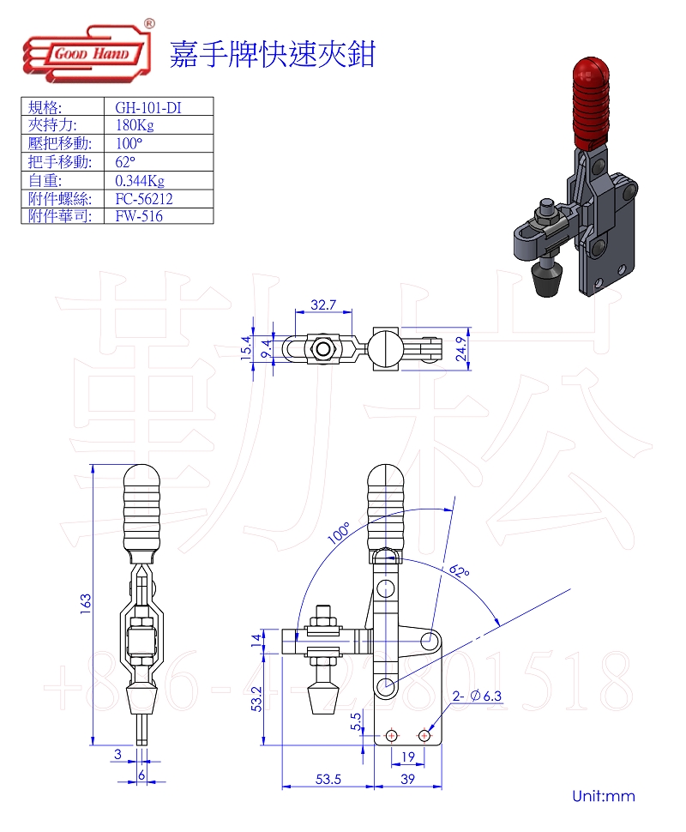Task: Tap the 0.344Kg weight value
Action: point(140,180)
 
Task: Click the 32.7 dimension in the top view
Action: point(322,304)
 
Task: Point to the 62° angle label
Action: point(459,573)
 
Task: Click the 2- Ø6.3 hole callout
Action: point(478,696)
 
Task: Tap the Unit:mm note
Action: point(604,796)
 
